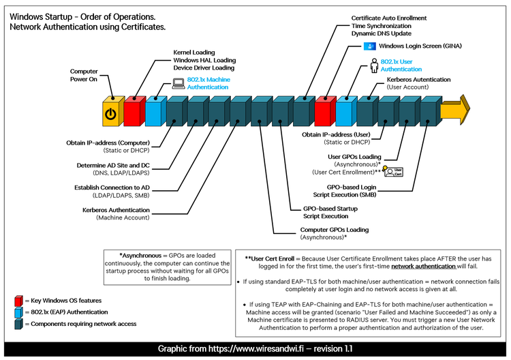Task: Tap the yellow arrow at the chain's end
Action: coord(455,109)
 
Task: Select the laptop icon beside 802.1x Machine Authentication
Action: coord(178,84)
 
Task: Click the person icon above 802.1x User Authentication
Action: coord(373,65)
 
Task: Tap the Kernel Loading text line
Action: coord(194,52)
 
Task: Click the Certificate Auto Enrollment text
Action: coord(389,17)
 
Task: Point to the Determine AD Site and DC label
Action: coord(113,166)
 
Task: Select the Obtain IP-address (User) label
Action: coord(337,135)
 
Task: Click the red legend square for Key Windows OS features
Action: coord(18,300)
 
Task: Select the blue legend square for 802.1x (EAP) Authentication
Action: coord(18,312)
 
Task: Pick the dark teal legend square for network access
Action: coord(18,325)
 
